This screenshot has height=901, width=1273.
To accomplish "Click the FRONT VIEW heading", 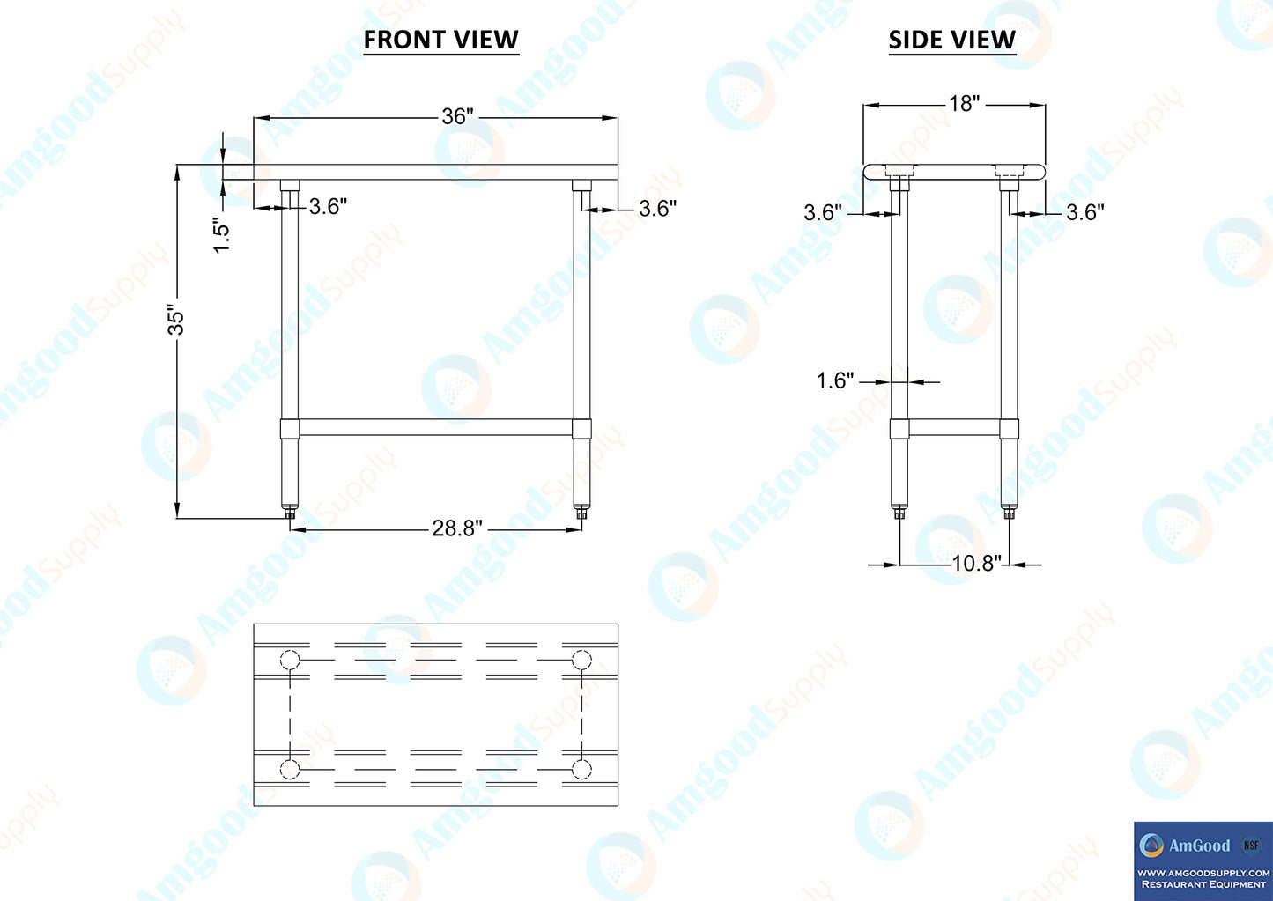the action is pyautogui.click(x=441, y=40).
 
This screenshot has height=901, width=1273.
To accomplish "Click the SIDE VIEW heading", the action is pyautogui.click(x=952, y=40).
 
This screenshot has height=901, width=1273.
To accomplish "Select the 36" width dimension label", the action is pyautogui.click(x=457, y=116).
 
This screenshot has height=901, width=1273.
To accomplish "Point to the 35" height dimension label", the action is pyautogui.click(x=175, y=322).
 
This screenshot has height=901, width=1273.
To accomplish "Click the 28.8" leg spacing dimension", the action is pyautogui.click(x=457, y=528).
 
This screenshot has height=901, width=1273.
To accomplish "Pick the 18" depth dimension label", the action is pyautogui.click(x=965, y=103).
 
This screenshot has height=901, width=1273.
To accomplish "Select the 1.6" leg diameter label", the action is pyautogui.click(x=835, y=380).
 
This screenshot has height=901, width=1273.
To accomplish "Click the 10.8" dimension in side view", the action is pyautogui.click(x=976, y=564).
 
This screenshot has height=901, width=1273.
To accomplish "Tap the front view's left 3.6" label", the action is pyautogui.click(x=328, y=207).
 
